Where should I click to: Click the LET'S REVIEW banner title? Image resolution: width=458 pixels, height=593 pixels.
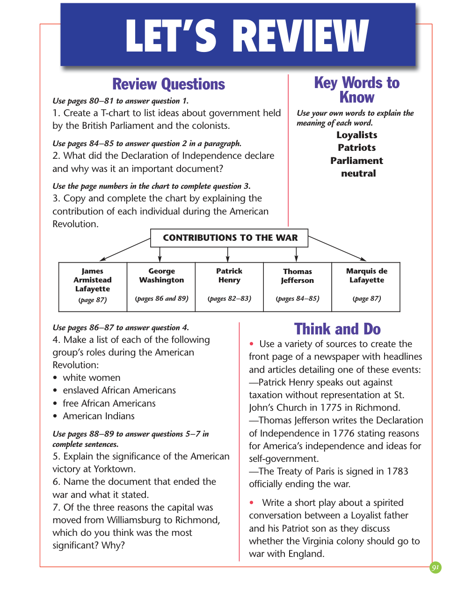(247, 36)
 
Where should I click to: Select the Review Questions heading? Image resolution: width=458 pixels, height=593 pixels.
(168, 84)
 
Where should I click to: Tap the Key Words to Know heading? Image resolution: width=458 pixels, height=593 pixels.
(356, 90)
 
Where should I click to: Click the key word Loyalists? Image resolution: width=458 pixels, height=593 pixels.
(357, 135)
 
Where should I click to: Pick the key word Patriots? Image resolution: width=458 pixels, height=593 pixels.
(357, 148)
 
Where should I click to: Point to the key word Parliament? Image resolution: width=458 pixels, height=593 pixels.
(356, 161)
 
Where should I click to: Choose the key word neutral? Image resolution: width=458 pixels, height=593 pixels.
(358, 173)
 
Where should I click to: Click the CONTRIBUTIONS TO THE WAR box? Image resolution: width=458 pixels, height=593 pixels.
(230, 238)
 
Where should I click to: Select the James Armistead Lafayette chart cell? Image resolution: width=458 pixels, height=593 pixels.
(93, 287)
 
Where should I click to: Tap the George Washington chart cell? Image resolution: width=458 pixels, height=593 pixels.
(161, 287)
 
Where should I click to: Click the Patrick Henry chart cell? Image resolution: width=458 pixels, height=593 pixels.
(229, 287)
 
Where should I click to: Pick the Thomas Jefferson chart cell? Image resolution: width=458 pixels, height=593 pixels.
(298, 287)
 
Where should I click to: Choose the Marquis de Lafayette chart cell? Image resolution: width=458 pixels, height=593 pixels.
(366, 287)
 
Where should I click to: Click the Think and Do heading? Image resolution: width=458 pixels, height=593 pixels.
(337, 329)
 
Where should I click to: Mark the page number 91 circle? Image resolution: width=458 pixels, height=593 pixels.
(436, 568)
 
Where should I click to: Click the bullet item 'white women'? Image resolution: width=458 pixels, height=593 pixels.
(92, 378)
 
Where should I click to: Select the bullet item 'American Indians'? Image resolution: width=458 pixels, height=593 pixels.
(99, 416)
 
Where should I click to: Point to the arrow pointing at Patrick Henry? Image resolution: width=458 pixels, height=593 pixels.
(228, 255)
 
